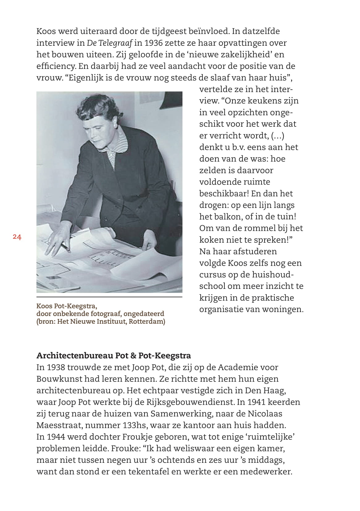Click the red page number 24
coord(17,237)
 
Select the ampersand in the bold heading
coord(133,356)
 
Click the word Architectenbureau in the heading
coord(75,356)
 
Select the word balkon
coord(226,217)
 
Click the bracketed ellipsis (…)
coord(278,136)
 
